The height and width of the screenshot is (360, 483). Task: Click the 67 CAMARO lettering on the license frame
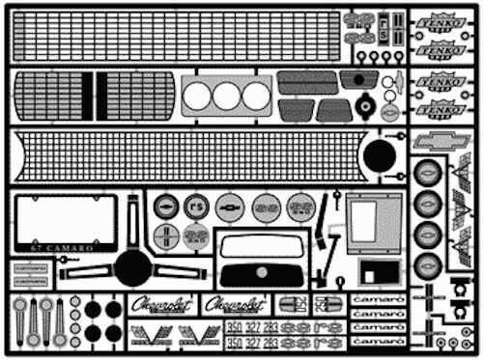[x=66, y=248]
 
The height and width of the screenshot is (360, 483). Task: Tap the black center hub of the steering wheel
[x=132, y=267]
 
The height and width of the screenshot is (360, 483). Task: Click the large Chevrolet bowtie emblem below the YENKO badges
[x=441, y=142]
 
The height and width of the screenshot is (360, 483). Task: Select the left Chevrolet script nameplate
[x=162, y=303]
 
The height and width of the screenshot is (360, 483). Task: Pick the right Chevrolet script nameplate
[x=236, y=303]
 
